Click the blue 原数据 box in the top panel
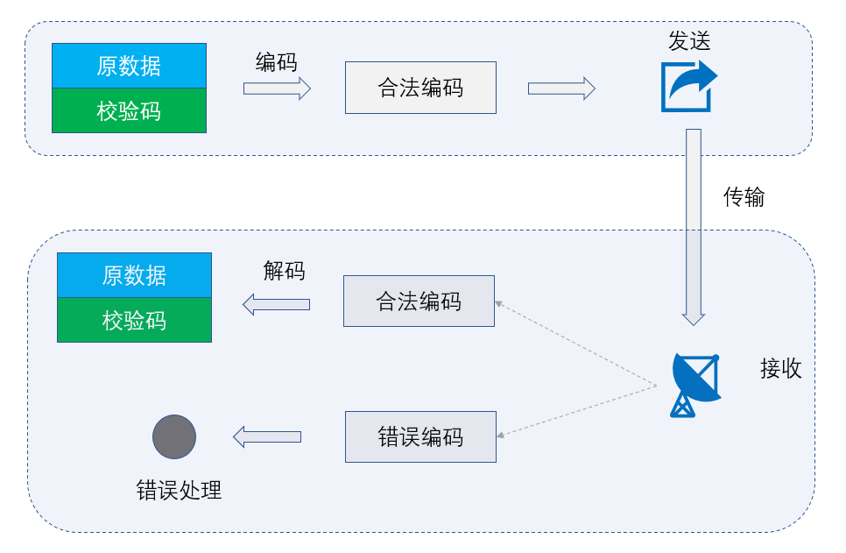129,66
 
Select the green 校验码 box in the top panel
129,111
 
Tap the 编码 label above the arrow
276,62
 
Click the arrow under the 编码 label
277,88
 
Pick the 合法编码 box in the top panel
420,88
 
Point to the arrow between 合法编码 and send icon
561,88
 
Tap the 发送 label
689,41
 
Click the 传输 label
744,197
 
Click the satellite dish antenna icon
695,384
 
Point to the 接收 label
780,369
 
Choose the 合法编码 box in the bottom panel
419,301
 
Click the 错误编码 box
420,437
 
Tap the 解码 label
284,271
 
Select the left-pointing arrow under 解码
276,304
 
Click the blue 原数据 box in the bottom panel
134,275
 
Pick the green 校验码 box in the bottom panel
134,320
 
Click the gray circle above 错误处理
174,436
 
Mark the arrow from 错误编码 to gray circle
267,436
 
